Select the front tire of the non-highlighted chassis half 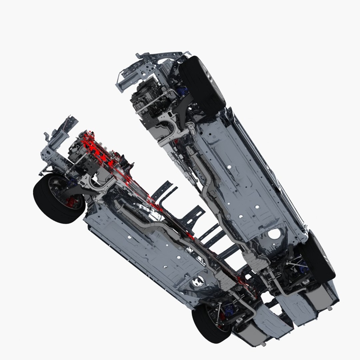click(x=202, y=85)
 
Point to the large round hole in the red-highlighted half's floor click(x=197, y=282)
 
